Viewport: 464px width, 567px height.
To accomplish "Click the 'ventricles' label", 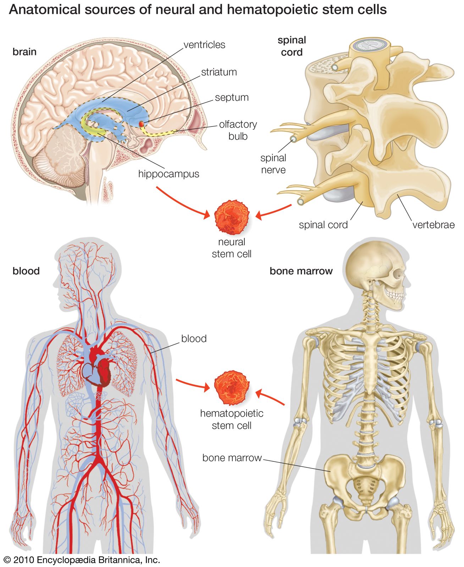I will coord(204,45).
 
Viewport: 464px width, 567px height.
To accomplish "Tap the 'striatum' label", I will coord(219,72).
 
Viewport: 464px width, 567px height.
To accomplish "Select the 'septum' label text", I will coord(232,98).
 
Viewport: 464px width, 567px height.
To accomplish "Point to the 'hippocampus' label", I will coord(169,174).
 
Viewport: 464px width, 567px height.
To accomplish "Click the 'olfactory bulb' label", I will coord(238,130).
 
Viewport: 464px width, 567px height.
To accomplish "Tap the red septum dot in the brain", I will coord(141,124).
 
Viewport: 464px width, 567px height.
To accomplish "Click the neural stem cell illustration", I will coord(232,217).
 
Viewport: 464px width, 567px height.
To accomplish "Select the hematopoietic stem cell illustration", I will coord(232,388).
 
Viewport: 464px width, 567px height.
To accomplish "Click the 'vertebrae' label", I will coord(433,225).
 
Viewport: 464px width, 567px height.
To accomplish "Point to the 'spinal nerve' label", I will coord(273,164).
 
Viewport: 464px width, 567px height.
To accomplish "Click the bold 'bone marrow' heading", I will coord(301,271).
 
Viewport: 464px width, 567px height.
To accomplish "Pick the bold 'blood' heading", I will coord(26,271).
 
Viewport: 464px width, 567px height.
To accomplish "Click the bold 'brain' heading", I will coord(24,52).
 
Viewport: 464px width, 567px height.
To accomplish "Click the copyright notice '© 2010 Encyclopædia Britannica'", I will coord(82,560).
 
